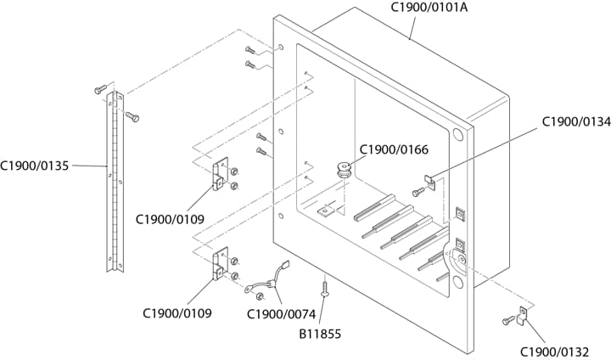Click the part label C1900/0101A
pyautogui.click(x=429, y=8)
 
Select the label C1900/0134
pyautogui.click(x=576, y=122)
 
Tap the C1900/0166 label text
pyautogui.click(x=394, y=149)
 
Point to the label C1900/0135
pyautogui.click(x=34, y=166)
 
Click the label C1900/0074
pyautogui.click(x=282, y=313)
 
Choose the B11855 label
pyautogui.click(x=320, y=334)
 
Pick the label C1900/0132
pyautogui.click(x=554, y=352)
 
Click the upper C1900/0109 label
pyautogui.click(x=170, y=219)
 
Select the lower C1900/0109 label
pyautogui.click(x=177, y=312)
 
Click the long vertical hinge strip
pyautogui.click(x=115, y=182)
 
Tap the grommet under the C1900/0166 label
pyautogui.click(x=344, y=169)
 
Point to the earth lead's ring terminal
pyautogui.click(x=248, y=289)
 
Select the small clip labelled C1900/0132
pyautogui.click(x=522, y=316)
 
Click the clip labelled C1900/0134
pyautogui.click(x=430, y=182)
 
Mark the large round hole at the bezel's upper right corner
pyautogui.click(x=458, y=135)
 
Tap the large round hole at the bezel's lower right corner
pyautogui.click(x=458, y=281)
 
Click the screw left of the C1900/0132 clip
pyautogui.click(x=508, y=321)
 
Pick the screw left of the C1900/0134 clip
pyautogui.click(x=418, y=192)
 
